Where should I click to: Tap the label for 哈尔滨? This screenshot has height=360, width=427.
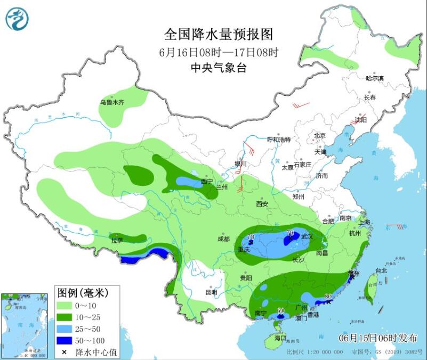375,78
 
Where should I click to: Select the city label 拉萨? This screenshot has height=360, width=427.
117,241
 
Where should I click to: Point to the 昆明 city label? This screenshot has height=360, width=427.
211,292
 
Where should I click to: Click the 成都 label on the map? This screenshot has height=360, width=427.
225,239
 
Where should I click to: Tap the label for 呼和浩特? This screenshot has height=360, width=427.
279,140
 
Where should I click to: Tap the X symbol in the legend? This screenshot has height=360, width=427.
64,352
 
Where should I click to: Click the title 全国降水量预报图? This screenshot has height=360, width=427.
219,35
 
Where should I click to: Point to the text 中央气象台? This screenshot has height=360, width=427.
219,68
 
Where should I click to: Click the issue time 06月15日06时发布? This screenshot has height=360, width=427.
378,338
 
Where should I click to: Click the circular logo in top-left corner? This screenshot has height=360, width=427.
17,19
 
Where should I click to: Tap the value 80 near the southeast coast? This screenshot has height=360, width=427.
328,297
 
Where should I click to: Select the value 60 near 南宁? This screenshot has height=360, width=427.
281,310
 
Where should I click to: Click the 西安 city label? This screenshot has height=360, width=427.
262,204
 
